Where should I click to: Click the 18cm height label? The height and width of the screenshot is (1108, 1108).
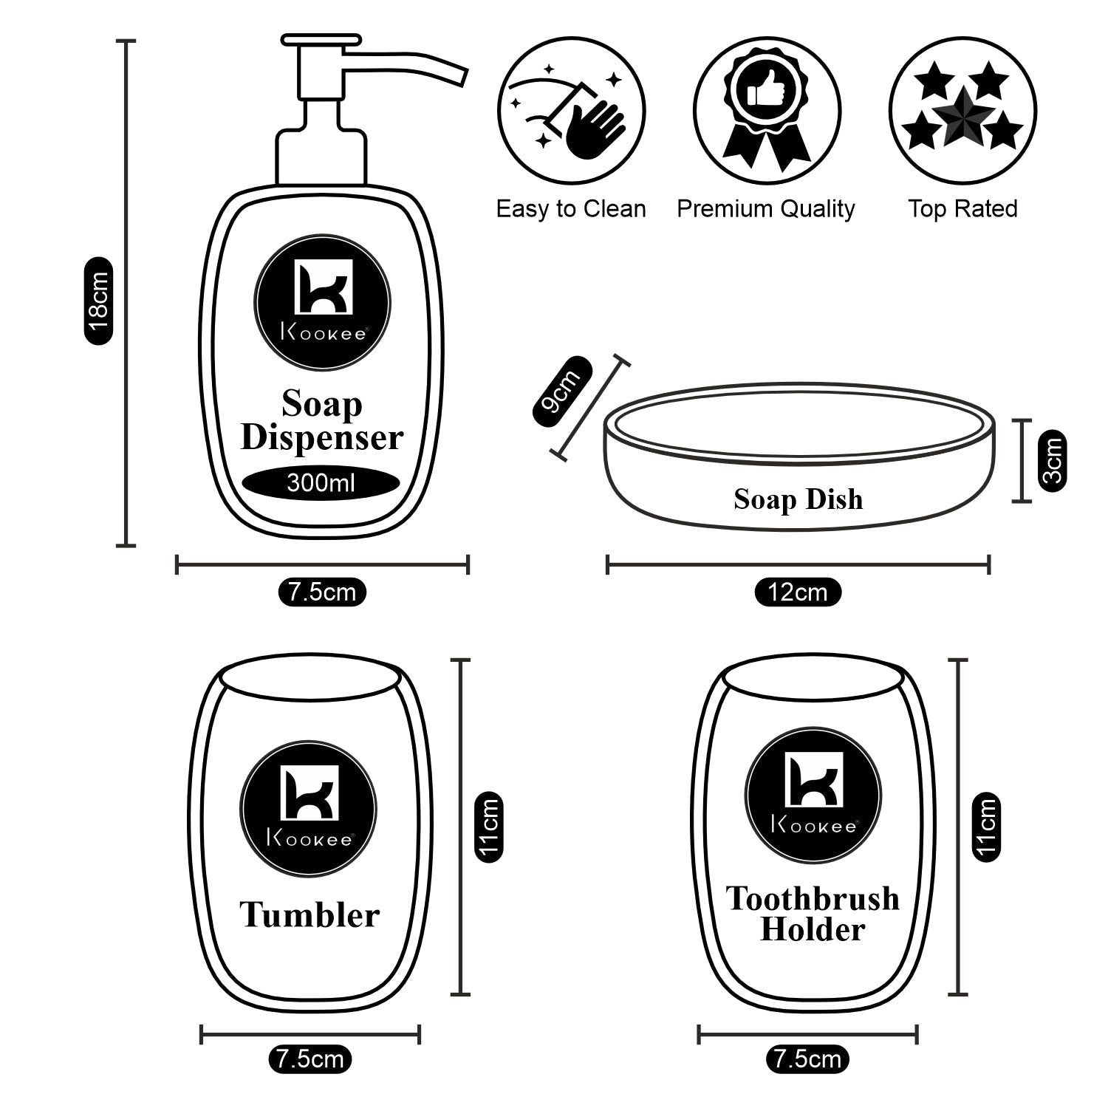[x=98, y=301]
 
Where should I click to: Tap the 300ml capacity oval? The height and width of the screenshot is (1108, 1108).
[x=321, y=484]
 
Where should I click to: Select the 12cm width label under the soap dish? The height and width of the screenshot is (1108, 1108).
[x=798, y=592]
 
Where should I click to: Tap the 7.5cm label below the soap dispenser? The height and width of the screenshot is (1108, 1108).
[x=322, y=592]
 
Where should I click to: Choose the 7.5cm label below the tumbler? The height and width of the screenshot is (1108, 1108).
[x=310, y=1059]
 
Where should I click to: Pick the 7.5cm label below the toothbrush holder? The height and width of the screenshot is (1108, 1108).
[x=807, y=1059]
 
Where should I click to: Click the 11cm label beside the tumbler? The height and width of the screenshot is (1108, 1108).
[x=488, y=827]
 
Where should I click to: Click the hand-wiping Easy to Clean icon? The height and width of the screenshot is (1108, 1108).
[x=571, y=111]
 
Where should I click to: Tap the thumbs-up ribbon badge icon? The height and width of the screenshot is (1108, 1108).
[x=766, y=111]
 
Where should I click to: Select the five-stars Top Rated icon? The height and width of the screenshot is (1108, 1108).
[x=962, y=111]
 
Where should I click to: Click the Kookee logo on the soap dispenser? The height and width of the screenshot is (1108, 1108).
[x=322, y=303]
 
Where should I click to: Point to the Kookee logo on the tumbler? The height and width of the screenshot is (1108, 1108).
[x=308, y=809]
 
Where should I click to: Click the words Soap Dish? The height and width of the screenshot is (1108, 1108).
[x=798, y=499]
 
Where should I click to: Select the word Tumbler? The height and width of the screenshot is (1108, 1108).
[x=310, y=915]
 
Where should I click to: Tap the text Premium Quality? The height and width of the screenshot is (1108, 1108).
[x=766, y=209]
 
